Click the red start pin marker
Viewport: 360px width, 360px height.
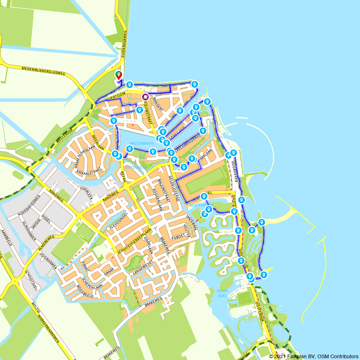[118, 75]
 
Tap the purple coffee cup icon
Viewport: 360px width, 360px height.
[145, 96]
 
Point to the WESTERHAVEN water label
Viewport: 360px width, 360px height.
[139, 143]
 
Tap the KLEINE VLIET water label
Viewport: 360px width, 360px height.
[222, 293]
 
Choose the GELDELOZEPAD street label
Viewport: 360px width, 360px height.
[174, 186]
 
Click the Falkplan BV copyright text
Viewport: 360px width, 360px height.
[314, 356]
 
